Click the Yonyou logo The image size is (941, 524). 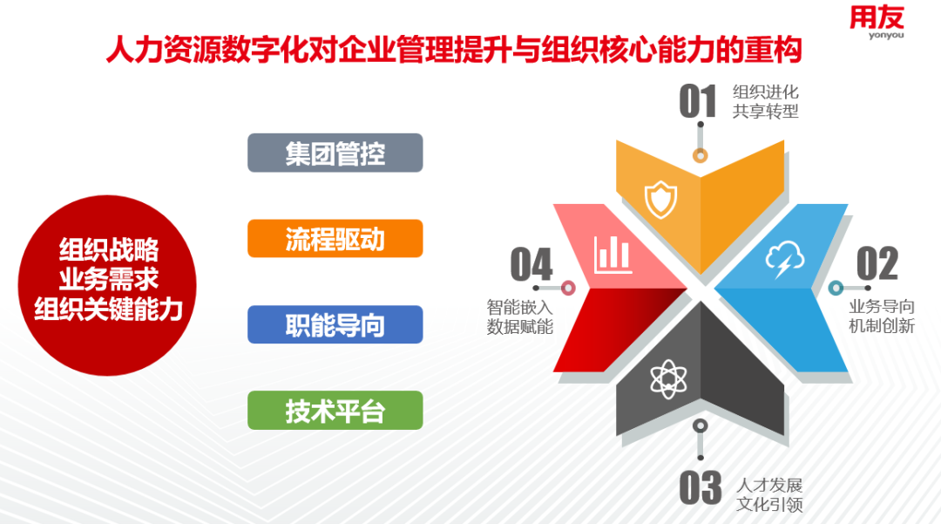(x=877, y=23)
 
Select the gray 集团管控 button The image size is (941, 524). (x=335, y=153)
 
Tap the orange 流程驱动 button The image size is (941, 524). (x=335, y=239)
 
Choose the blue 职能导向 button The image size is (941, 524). (x=335, y=324)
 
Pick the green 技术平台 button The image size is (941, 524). (x=335, y=411)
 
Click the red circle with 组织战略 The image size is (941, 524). (x=107, y=285)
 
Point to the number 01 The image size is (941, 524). (x=698, y=101)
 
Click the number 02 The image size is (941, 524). (x=877, y=263)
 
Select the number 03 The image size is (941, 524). (x=701, y=487)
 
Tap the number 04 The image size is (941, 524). (x=531, y=264)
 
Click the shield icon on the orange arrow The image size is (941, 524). (x=660, y=200)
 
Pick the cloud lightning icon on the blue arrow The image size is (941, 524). (x=784, y=259)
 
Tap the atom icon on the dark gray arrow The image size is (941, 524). (x=668, y=379)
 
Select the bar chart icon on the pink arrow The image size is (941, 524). (x=613, y=255)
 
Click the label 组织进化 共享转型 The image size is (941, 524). (x=765, y=101)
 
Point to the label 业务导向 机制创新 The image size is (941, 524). (x=882, y=316)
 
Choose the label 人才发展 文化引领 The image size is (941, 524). (x=769, y=494)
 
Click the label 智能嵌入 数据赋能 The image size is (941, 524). (x=519, y=316)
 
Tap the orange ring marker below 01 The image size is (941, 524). (x=701, y=155)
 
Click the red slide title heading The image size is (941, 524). (x=454, y=50)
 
